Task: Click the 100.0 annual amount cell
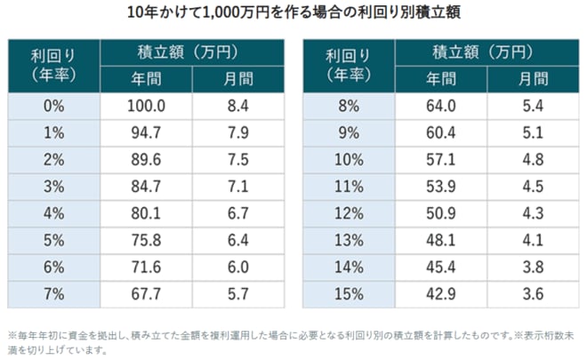[146, 107]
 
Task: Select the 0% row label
[54, 107]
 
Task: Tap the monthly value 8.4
[238, 107]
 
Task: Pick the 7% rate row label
[54, 294]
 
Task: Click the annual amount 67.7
[146, 294]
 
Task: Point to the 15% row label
[349, 294]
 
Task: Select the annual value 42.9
[441, 294]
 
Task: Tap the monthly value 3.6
[533, 294]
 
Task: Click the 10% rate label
[349, 160]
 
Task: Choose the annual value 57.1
[441, 160]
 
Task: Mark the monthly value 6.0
[238, 268]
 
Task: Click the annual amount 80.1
[146, 213]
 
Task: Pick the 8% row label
[349, 107]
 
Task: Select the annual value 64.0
[441, 107]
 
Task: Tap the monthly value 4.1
[533, 240]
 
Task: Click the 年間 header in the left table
[147, 79]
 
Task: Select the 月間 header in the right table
[534, 79]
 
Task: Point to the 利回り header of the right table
[348, 57]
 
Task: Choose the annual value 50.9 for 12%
[441, 213]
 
